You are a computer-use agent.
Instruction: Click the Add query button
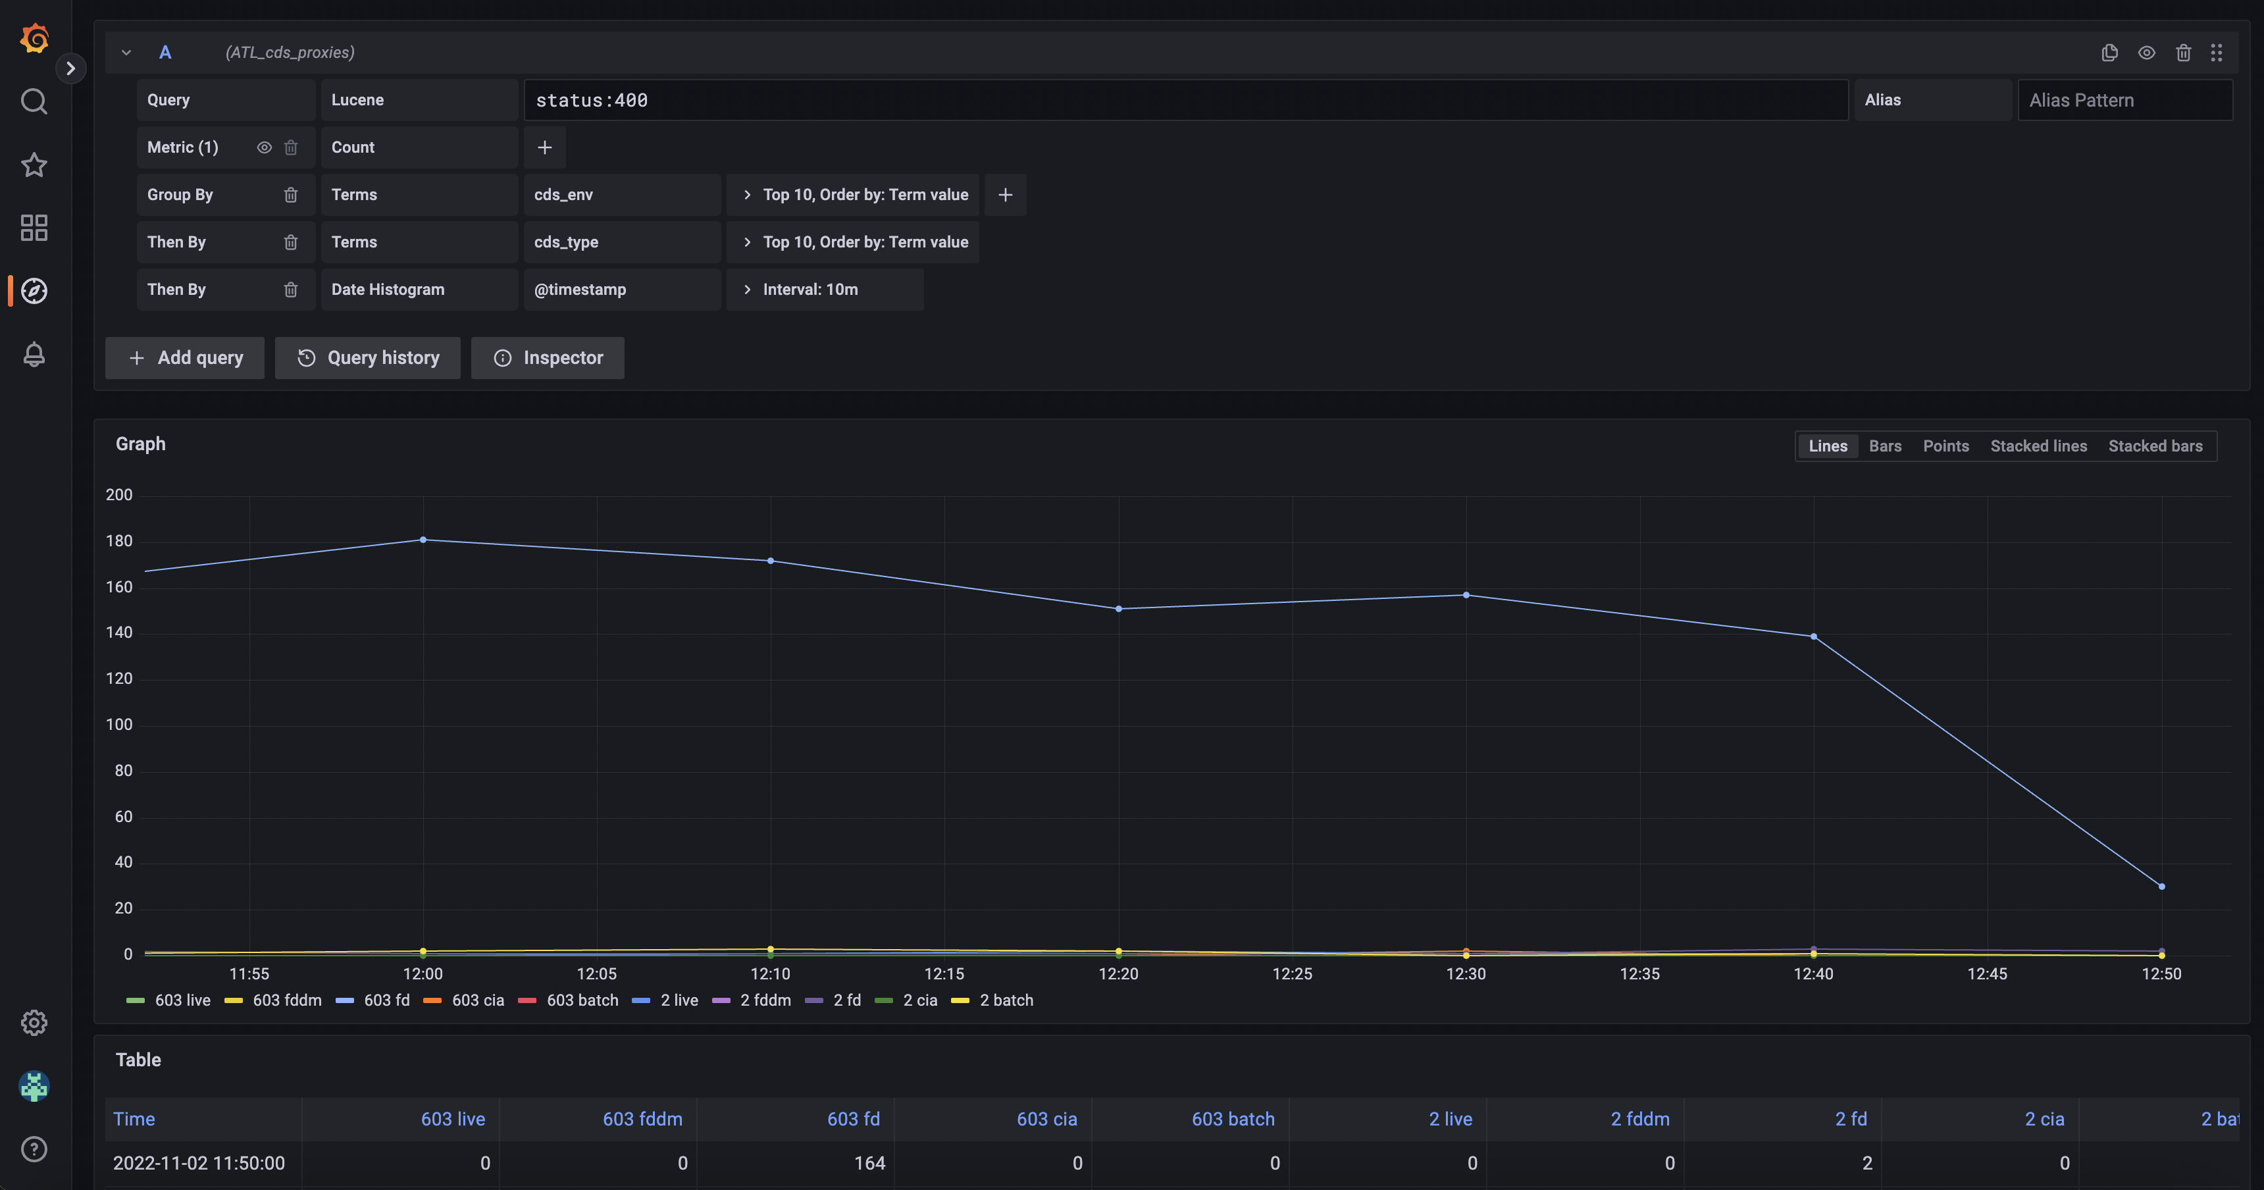[184, 357]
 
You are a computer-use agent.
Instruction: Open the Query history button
[367, 357]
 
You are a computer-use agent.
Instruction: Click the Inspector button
[548, 357]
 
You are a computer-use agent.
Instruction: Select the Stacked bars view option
[2155, 446]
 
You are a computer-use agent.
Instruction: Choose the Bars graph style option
[1884, 446]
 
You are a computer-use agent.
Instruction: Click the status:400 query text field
[1185, 100]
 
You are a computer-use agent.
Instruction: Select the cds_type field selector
[621, 242]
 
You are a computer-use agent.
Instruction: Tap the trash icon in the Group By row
[291, 195]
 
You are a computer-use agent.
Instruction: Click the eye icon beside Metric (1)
[264, 147]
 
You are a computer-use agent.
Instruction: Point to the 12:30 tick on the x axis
[1465, 974]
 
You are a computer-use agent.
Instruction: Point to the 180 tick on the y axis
[118, 542]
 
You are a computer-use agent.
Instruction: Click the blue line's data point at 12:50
[2161, 886]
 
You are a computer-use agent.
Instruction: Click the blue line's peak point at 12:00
[423, 540]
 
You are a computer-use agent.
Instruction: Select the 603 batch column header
[1232, 1119]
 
